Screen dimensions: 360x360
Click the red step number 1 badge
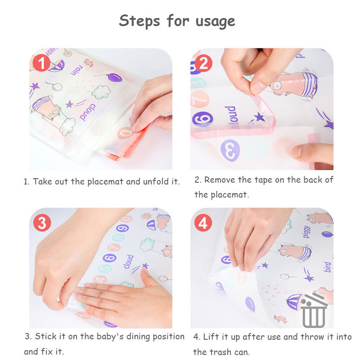point(41,63)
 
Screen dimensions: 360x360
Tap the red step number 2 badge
point(203,63)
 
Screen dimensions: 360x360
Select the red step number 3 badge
point(42,223)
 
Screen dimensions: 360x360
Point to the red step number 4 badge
point(203,223)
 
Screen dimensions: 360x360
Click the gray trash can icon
point(313,311)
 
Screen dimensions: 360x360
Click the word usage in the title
point(216,22)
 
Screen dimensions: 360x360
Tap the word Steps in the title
point(139,21)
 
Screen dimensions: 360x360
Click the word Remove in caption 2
point(220,180)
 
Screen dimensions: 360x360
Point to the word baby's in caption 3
point(110,337)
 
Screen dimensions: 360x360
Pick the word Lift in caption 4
point(211,337)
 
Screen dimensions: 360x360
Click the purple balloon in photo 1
point(114,77)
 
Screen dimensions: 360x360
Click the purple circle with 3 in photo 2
point(230,150)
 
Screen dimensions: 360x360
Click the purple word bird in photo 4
point(327,267)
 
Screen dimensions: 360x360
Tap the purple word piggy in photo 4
point(307,232)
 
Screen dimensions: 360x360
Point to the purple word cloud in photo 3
point(129,261)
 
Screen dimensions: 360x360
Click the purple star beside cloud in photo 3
point(145,265)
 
